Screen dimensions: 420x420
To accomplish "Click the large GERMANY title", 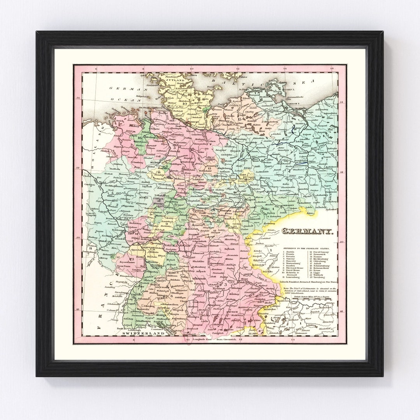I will pyautogui.click(x=307, y=231).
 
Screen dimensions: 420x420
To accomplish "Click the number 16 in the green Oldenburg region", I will pyautogui.click(x=139, y=137).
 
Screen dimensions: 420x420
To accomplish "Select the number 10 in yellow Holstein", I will pyautogui.click(x=184, y=103).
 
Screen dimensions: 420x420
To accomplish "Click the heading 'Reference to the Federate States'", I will pyautogui.click(x=306, y=248).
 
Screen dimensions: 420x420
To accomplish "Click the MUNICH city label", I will pyautogui.click(x=232, y=311).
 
